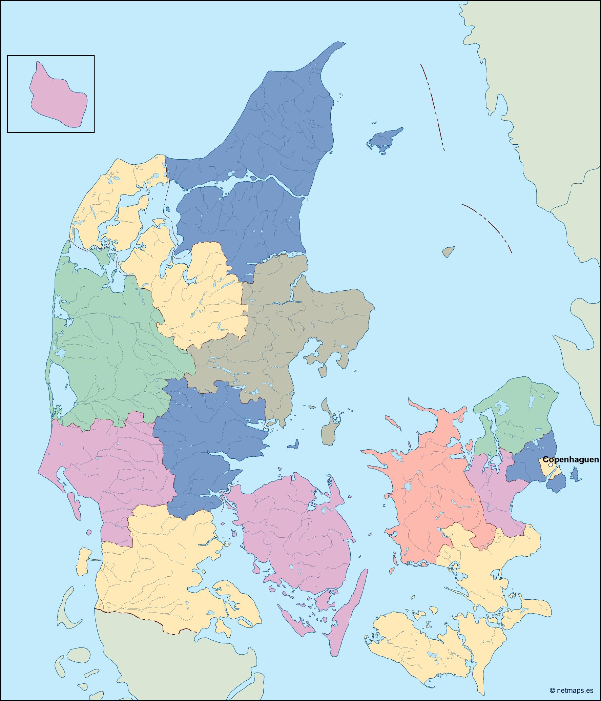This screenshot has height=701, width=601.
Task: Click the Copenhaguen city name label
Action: coord(571,460)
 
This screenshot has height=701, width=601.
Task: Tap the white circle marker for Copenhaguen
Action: coord(551,465)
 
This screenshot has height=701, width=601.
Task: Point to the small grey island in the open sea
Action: coord(448,251)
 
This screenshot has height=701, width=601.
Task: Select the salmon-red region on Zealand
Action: coord(430,484)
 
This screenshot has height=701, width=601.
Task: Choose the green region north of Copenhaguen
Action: coord(518,417)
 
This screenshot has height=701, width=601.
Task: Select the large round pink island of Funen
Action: coord(295,529)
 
